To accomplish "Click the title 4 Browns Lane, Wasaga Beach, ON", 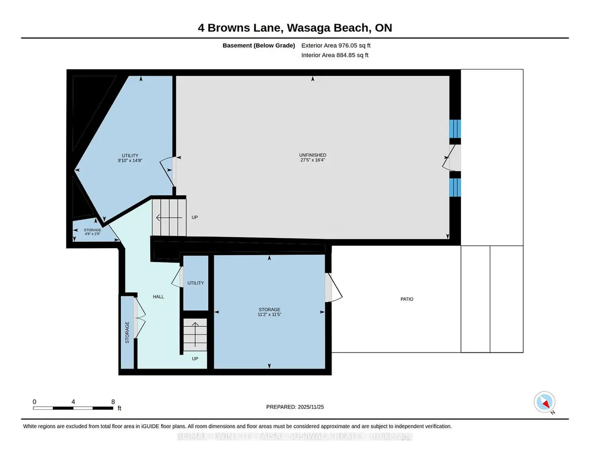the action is pyautogui.click(x=295, y=28).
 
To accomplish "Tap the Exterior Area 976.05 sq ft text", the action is pyautogui.click(x=336, y=45).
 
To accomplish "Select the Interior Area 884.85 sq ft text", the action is pyautogui.click(x=335, y=55).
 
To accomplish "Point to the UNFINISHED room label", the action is pyautogui.click(x=313, y=155).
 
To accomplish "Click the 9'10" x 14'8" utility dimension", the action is pyautogui.click(x=130, y=160).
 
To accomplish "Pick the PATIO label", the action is pyautogui.click(x=407, y=299).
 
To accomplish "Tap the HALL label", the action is pyautogui.click(x=158, y=297).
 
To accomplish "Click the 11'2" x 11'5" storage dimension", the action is pyautogui.click(x=269, y=314).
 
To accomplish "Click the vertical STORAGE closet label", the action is pyautogui.click(x=127, y=332).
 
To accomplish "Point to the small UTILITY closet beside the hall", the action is pyautogui.click(x=196, y=283).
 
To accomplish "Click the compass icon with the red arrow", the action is pyautogui.click(x=545, y=402).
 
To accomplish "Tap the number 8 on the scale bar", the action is pyautogui.click(x=113, y=402).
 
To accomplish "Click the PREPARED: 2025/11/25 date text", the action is pyautogui.click(x=295, y=406).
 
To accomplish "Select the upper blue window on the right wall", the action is pyautogui.click(x=455, y=129).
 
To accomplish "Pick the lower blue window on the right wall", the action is pyautogui.click(x=455, y=187).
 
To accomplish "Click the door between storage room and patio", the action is pyautogui.click(x=333, y=287).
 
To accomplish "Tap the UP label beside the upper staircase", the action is pyautogui.click(x=195, y=217).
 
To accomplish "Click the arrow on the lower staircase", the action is pyautogui.click(x=195, y=335).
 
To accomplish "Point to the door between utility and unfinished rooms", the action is pyautogui.click(x=169, y=171).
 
